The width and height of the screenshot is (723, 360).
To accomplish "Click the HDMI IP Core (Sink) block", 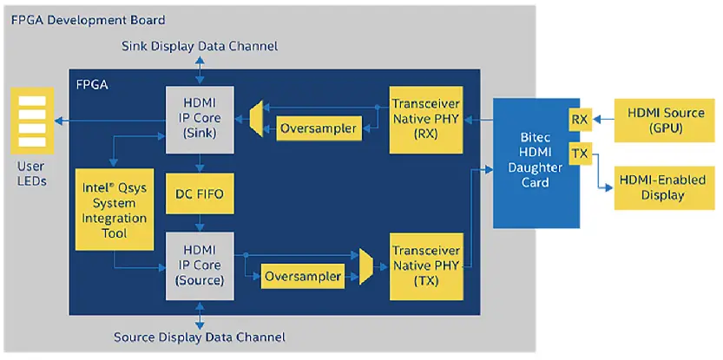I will [200, 118].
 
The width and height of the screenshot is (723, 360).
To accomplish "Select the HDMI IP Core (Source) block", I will [200, 265].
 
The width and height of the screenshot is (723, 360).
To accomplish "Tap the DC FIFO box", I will [200, 194].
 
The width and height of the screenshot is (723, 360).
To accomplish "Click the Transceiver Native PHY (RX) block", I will [424, 119].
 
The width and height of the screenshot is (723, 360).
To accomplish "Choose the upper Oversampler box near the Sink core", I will [318, 129].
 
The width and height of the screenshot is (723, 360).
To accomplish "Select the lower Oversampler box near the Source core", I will [302, 278].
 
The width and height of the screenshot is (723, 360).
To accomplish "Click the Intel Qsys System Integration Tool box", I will [114, 209].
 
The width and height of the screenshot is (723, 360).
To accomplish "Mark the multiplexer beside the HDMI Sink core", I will [256, 119].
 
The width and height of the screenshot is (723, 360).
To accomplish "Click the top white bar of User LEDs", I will [31, 101].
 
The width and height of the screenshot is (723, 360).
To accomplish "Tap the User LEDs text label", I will [30, 173].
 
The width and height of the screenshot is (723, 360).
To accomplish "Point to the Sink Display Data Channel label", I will [200, 45].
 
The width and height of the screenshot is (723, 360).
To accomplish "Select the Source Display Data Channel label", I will [200, 337].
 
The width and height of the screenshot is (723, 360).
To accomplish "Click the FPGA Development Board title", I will [88, 19].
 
